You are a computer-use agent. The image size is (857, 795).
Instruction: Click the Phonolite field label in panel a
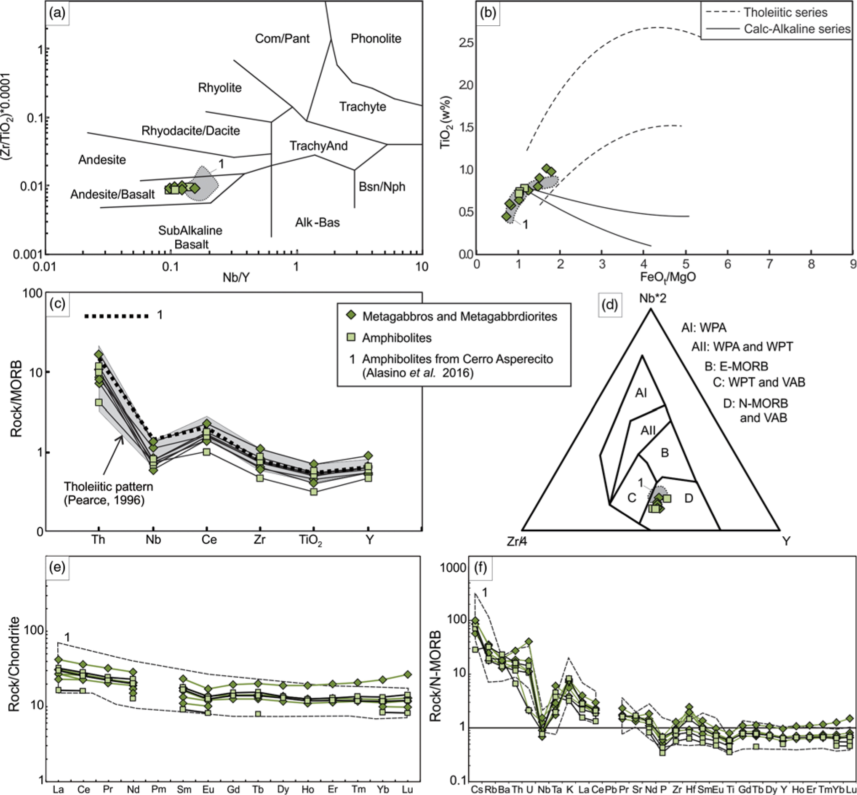(x=375, y=39)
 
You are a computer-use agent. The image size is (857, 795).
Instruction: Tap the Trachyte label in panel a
(x=362, y=107)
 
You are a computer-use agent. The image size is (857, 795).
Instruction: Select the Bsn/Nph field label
(x=382, y=187)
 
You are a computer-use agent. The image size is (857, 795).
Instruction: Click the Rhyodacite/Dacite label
(x=190, y=131)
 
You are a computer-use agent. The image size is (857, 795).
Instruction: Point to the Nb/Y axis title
(x=236, y=278)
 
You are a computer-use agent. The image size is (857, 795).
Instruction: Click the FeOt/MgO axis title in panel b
(x=667, y=277)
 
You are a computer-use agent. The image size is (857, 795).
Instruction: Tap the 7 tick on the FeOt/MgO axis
(x=769, y=264)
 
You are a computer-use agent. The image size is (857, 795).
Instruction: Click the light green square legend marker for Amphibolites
(x=352, y=337)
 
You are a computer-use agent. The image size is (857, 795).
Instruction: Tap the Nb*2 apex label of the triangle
(x=652, y=298)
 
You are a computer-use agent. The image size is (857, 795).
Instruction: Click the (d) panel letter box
(x=610, y=305)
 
